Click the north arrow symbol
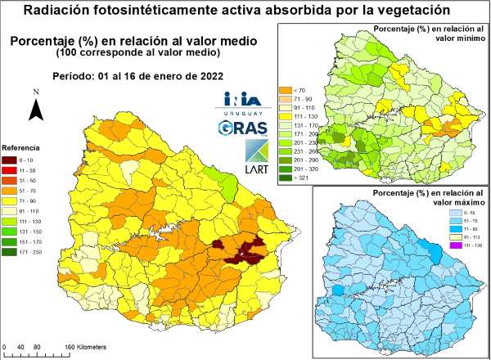pyautogui.click(x=36, y=109)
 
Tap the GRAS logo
pyautogui.click(x=241, y=127)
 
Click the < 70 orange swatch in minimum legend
pyautogui.click(x=286, y=89)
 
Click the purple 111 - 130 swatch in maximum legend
pyautogui.click(x=443, y=245)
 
